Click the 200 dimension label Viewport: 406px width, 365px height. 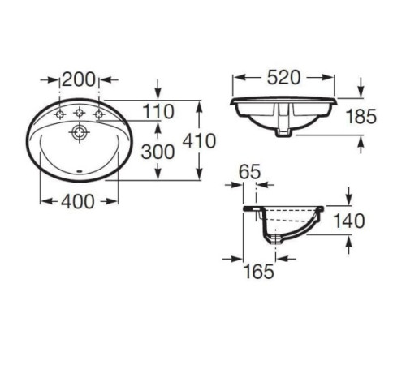pyautogui.click(x=79, y=79)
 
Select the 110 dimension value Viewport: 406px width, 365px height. pyautogui.click(x=158, y=111)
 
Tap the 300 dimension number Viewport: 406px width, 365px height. pyautogui.click(x=158, y=152)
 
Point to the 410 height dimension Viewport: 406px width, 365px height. pyautogui.click(x=199, y=140)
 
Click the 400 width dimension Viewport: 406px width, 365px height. pyautogui.click(x=78, y=201)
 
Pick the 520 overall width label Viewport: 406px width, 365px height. pyautogui.click(x=283, y=77)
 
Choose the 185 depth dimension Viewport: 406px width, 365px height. pyautogui.click(x=361, y=117)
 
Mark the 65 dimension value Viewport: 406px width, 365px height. pyautogui.click(x=249, y=171)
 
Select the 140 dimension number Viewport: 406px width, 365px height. pyautogui.click(x=349, y=221)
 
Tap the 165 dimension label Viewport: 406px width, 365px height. pyautogui.click(x=259, y=271)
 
